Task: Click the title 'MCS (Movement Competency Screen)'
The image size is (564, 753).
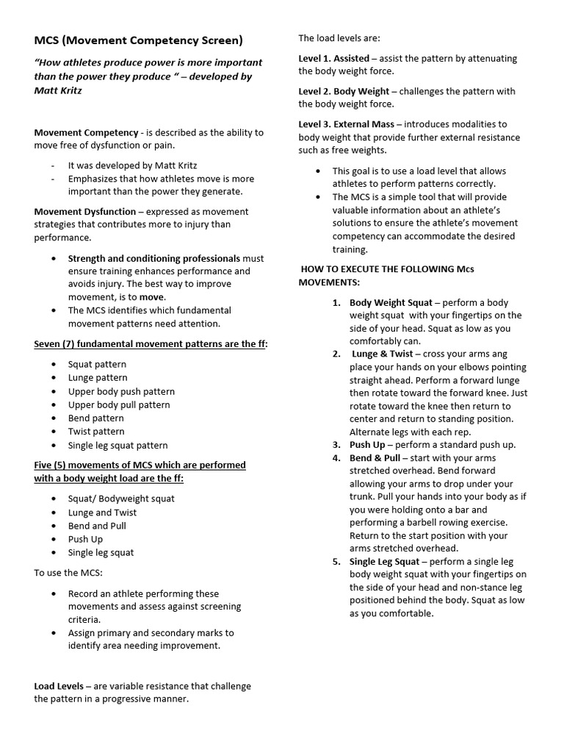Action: (138, 40)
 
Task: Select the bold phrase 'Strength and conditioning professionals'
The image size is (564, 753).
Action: (154, 258)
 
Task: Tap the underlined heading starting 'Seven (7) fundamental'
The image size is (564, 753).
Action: (151, 344)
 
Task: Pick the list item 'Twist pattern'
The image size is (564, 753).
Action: (96, 432)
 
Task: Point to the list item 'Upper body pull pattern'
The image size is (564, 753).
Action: (119, 404)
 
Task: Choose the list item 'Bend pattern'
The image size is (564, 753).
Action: (96, 418)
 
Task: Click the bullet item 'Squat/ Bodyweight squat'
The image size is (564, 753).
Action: (121, 499)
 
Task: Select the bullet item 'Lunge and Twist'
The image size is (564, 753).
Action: (102, 513)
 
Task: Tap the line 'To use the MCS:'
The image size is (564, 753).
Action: (68, 572)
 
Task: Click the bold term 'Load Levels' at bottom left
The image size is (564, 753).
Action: (59, 686)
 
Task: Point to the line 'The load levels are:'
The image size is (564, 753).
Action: (339, 38)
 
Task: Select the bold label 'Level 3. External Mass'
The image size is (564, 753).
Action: (346, 124)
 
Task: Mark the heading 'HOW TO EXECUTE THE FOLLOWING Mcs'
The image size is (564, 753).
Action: (387, 269)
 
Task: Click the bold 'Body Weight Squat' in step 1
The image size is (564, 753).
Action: (391, 302)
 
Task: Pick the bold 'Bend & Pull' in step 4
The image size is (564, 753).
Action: (375, 458)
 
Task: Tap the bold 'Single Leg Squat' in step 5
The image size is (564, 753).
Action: (384, 561)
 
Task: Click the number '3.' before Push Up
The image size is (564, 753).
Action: (336, 445)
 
